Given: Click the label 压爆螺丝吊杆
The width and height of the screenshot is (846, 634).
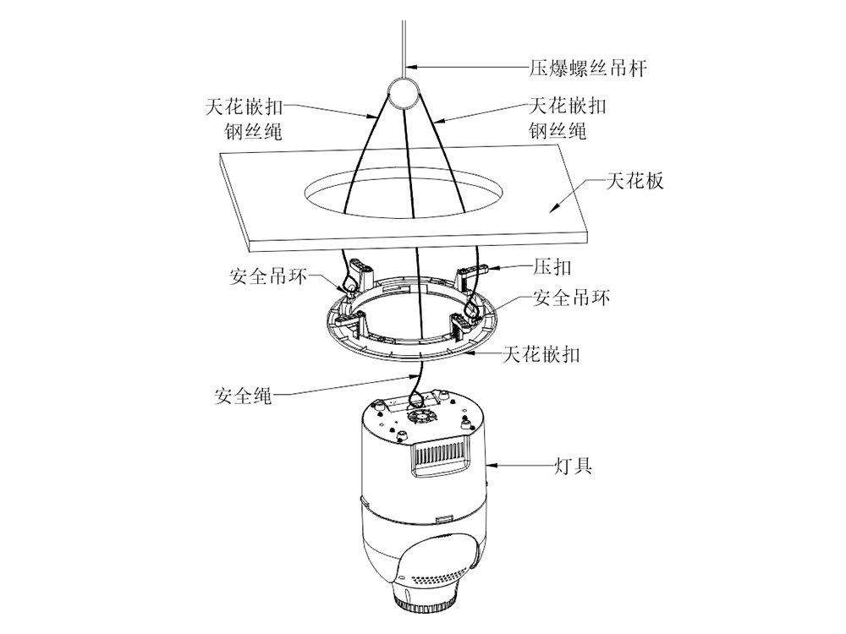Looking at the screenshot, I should [x=583, y=67].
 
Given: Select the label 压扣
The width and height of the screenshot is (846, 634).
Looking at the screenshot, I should [x=552, y=267].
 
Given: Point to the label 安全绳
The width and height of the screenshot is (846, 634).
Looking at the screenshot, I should [x=244, y=395].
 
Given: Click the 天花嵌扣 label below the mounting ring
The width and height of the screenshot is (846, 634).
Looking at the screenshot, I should [x=541, y=354].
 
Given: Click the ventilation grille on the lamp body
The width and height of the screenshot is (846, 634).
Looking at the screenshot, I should [x=439, y=460].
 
